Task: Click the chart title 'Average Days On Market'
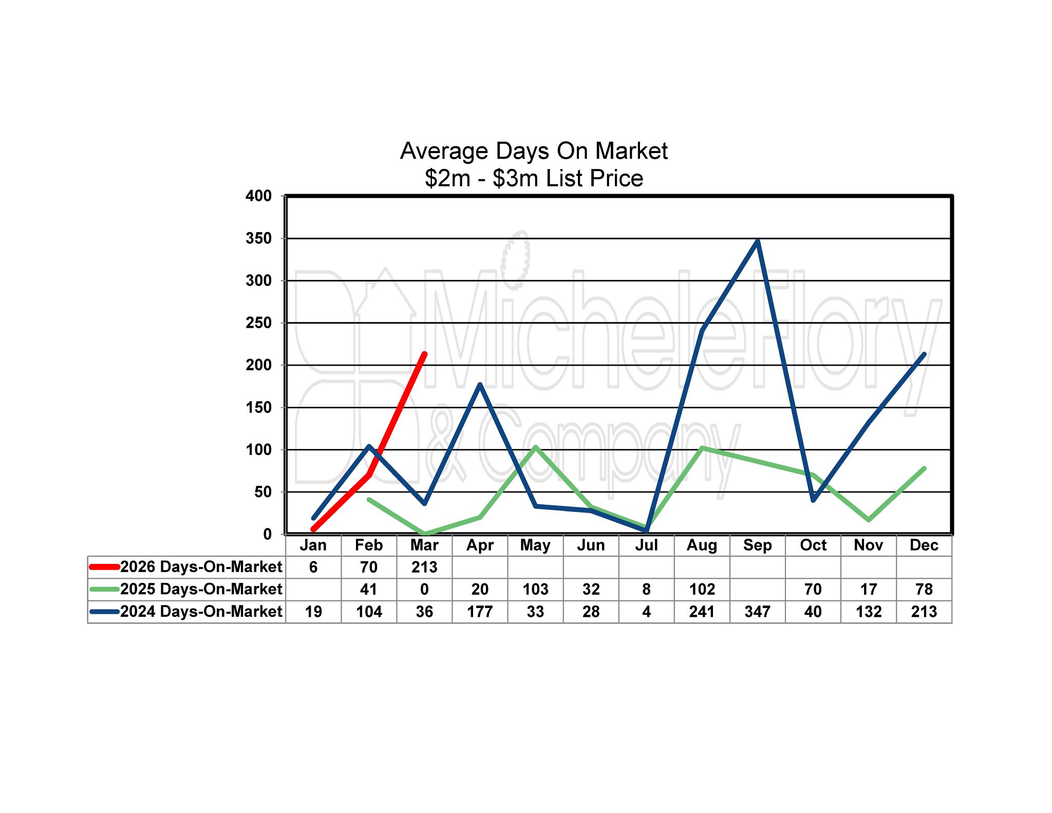point(534,151)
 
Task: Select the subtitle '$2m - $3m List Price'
point(534,178)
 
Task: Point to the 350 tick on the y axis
point(259,238)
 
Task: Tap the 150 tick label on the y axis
point(259,407)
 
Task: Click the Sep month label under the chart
point(757,545)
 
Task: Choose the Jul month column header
point(646,545)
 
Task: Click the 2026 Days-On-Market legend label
point(201,567)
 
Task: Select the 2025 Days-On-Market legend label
point(201,589)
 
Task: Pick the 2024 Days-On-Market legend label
point(201,612)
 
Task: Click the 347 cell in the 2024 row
point(757,612)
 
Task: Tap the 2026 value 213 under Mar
point(424,567)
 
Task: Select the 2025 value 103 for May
point(535,589)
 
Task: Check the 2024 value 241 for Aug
point(702,612)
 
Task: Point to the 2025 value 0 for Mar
point(424,589)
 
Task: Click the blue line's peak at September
point(758,241)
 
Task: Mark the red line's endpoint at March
point(424,354)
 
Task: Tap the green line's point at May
point(535,447)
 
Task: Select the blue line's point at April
point(480,384)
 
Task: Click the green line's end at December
point(924,468)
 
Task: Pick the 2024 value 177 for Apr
point(480,612)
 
